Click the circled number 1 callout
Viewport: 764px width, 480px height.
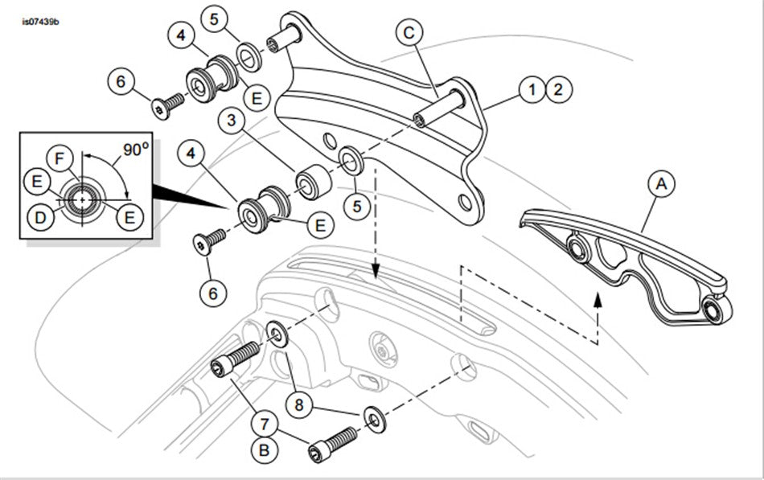click(532, 88)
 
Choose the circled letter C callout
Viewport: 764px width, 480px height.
click(409, 33)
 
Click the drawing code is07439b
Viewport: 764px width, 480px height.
click(40, 20)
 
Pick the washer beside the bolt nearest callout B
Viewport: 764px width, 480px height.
click(372, 416)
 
